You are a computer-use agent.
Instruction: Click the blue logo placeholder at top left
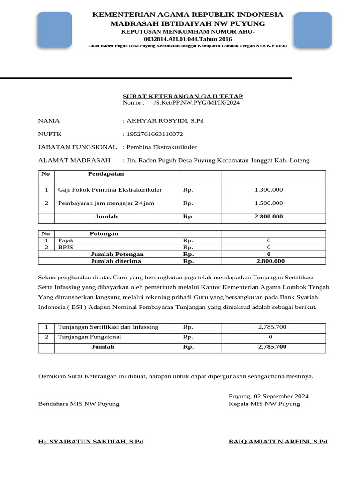[55, 30]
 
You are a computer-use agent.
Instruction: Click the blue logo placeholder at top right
[313, 30]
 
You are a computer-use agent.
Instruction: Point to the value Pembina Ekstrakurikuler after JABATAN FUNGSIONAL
[161, 147]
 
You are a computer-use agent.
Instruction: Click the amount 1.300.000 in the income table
[269, 190]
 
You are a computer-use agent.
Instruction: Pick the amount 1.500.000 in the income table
[269, 203]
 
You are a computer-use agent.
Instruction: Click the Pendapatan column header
[106, 174]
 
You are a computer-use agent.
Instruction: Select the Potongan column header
[104, 233]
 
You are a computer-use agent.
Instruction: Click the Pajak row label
[66, 240]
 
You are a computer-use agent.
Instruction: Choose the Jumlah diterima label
[116, 261]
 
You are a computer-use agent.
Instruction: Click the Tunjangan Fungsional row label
[90, 337]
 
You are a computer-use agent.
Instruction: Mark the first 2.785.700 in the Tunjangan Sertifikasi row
[272, 327]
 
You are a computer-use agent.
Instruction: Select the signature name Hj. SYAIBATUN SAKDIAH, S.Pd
[90, 442]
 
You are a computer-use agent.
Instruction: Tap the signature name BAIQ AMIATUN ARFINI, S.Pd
[278, 442]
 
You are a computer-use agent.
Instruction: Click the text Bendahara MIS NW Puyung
[79, 404]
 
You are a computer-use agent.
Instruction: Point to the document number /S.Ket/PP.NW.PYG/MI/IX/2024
[196, 103]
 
